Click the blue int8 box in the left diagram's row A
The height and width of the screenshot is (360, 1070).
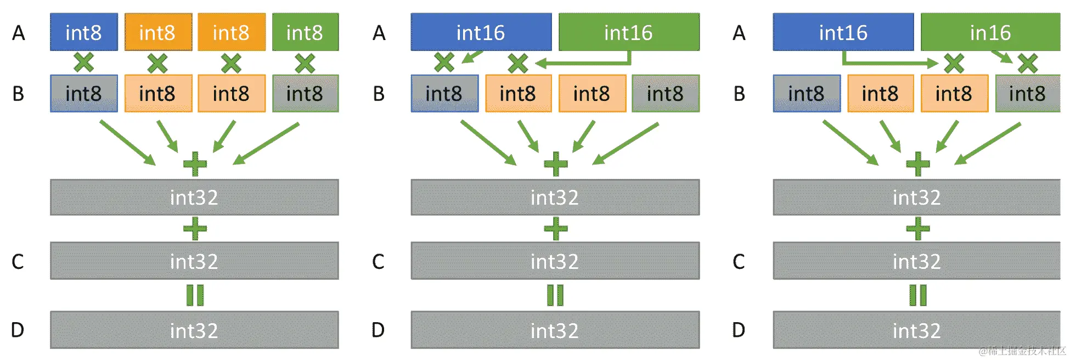coord(83,32)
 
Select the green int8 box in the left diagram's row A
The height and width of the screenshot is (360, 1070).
coord(305,32)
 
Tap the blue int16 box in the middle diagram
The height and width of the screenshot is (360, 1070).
coord(481,32)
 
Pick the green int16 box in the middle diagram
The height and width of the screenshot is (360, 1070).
coord(629,32)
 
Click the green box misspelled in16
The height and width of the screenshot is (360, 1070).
coord(990,32)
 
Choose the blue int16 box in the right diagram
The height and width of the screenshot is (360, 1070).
coord(843,32)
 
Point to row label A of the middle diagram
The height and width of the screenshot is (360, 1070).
coord(379,33)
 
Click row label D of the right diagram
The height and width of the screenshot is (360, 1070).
coord(739,330)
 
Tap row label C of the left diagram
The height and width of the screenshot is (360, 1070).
coord(18,261)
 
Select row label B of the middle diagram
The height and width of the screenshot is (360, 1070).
coord(379,94)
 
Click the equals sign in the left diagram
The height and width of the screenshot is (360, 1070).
coord(195,295)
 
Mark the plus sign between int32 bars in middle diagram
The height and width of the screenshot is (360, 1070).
coord(555,229)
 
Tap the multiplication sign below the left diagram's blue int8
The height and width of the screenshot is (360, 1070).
coord(83,63)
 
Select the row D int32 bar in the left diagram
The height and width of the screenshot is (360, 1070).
coord(194,330)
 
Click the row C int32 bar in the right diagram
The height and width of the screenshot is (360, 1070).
coord(916,261)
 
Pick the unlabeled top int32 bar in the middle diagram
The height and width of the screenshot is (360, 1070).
coord(555,197)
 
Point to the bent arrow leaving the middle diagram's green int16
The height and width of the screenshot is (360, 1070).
coord(582,63)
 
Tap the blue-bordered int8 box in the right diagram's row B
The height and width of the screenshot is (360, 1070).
coord(806,94)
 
